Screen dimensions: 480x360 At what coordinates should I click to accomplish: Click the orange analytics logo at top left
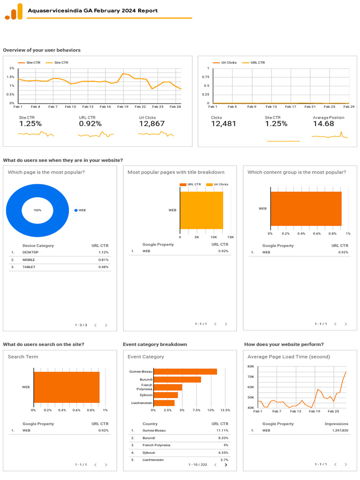pos(14,12)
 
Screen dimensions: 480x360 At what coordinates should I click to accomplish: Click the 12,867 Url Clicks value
pos(151,124)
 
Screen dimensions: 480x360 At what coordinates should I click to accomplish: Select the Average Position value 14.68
pos(323,124)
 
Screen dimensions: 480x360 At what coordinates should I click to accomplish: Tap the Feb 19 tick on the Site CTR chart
pos(123,107)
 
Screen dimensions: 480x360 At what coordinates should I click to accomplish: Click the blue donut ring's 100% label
pos(37,210)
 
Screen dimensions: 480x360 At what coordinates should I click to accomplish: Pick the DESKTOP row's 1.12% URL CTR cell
pos(103,252)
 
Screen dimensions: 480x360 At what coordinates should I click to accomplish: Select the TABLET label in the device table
pos(29,267)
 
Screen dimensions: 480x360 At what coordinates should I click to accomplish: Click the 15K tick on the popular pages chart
pos(230,237)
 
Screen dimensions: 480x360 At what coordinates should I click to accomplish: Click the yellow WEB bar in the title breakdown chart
pos(201,210)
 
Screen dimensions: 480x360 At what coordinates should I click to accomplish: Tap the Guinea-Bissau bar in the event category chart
pos(185,372)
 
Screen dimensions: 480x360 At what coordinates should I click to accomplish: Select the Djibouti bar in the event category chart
pos(165,395)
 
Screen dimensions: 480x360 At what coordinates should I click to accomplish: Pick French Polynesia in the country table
pos(157,445)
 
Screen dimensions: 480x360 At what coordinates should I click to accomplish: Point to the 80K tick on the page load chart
pos(251,366)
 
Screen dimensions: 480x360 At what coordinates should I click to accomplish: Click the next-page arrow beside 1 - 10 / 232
pos(226,465)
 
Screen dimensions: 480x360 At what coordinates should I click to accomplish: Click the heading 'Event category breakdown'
pos(155,345)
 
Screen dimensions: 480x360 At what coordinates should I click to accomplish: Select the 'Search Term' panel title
pos(23,357)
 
